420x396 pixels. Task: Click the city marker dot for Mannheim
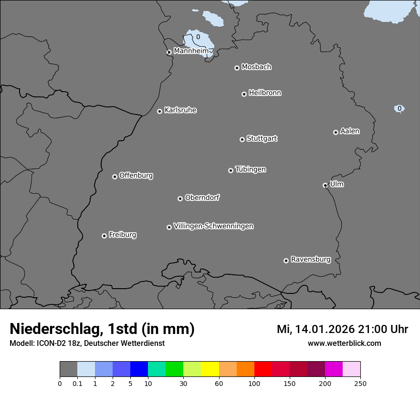click(x=169, y=52)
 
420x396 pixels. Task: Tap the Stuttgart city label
click(x=262, y=138)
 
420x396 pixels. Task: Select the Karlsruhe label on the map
click(x=180, y=110)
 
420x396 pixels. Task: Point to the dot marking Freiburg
click(x=104, y=236)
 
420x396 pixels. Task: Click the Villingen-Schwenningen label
click(x=213, y=226)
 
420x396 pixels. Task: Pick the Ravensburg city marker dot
click(x=286, y=261)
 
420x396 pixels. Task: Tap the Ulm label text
click(x=336, y=184)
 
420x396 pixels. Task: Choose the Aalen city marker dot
click(x=336, y=132)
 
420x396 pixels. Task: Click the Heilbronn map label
click(x=265, y=93)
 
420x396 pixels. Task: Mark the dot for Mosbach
click(x=237, y=68)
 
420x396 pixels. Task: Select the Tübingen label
click(x=251, y=169)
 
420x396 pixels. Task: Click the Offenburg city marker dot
click(x=115, y=177)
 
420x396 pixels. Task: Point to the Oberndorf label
click(x=202, y=198)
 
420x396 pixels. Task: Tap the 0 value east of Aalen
click(x=399, y=108)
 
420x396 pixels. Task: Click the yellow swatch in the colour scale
click(x=210, y=369)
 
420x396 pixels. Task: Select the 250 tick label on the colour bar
click(x=360, y=383)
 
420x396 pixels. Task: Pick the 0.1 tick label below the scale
click(x=77, y=383)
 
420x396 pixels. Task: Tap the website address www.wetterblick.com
click(x=344, y=343)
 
